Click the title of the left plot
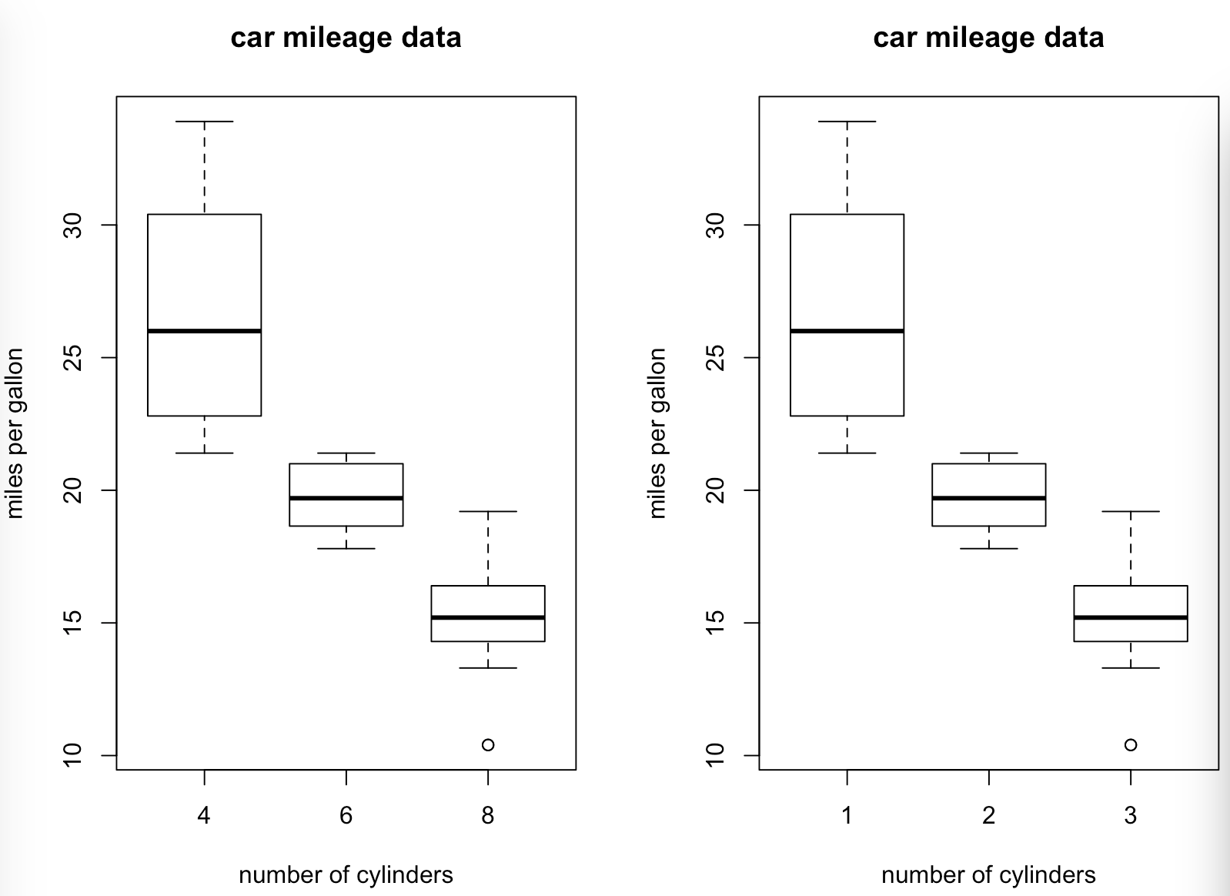tap(346, 38)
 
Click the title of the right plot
tap(988, 38)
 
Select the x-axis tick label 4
tap(204, 816)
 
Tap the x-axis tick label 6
tap(346, 816)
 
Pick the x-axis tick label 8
tap(488, 816)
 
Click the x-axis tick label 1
tap(847, 816)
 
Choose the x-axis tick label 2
tap(989, 816)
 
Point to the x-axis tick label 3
tap(1131, 816)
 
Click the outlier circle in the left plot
tap(488, 744)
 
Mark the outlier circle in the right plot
tap(1131, 744)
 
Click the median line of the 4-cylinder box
tap(204, 331)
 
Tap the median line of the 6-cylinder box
tap(346, 498)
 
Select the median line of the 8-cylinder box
tap(488, 617)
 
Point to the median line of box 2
tap(989, 498)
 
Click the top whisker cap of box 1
tap(847, 122)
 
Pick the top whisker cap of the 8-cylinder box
tap(488, 511)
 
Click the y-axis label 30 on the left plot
tap(74, 225)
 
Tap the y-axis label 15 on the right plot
tap(717, 623)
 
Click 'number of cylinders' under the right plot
tap(988, 875)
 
